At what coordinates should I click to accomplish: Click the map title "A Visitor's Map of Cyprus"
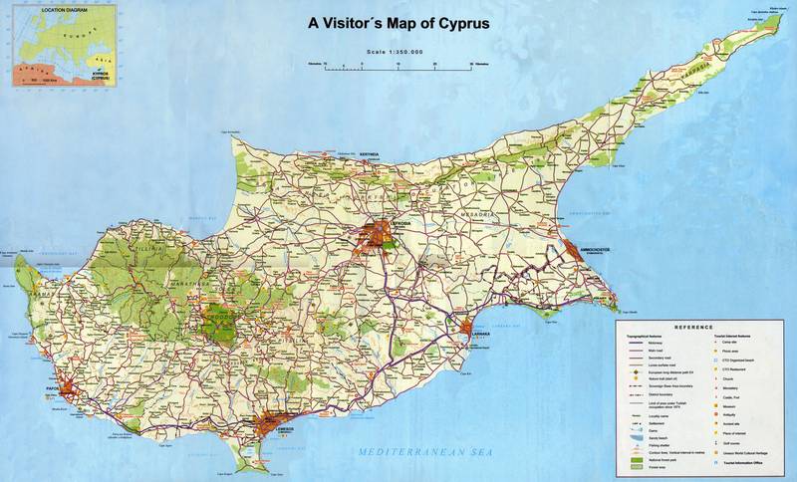[x=398, y=24]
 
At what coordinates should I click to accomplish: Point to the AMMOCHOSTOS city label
[x=590, y=250]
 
